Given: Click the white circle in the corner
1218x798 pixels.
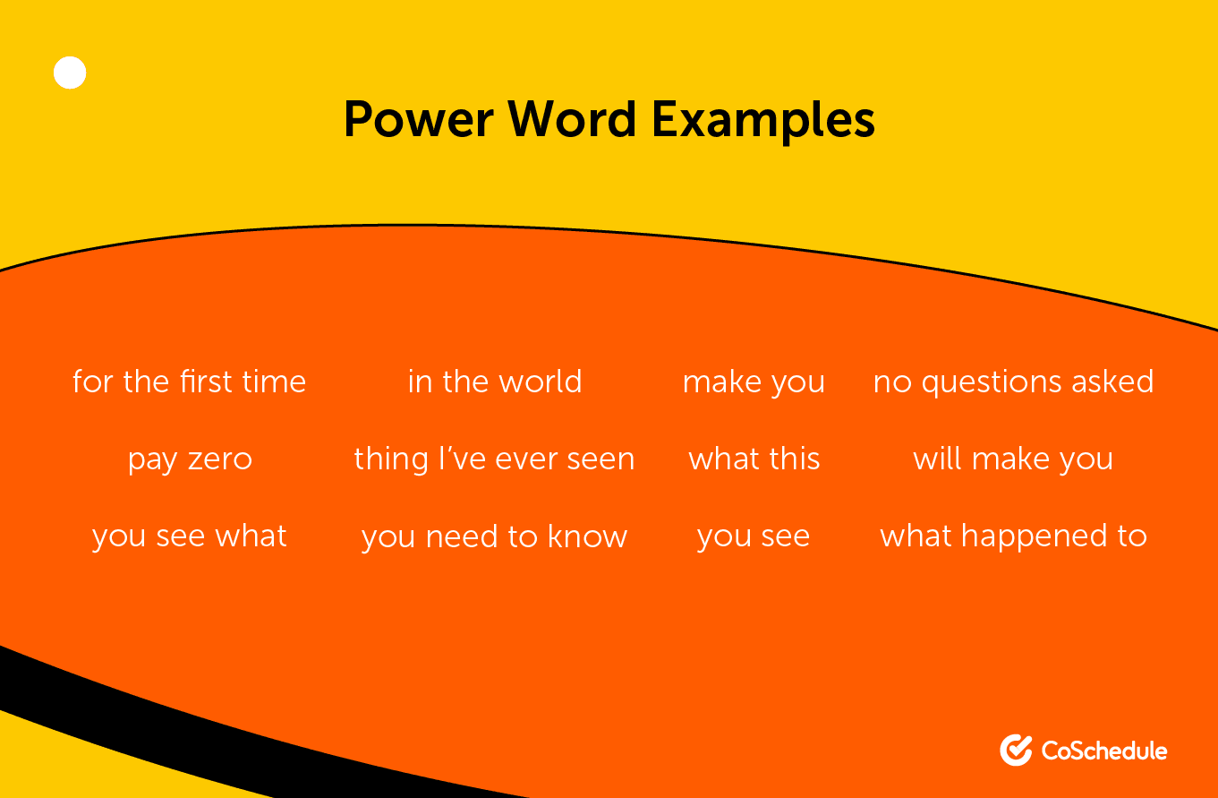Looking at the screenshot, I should [x=70, y=73].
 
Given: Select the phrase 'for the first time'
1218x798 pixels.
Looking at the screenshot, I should [x=190, y=382].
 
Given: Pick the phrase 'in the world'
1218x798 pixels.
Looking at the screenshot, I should [x=495, y=382].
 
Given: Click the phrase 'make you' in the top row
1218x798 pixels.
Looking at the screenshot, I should [x=754, y=382].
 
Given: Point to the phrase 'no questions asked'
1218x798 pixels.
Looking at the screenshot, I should [x=1013, y=382].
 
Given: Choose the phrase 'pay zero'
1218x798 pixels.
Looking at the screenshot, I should [x=190, y=459].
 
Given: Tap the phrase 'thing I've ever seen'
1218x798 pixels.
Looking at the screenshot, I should [x=494, y=459].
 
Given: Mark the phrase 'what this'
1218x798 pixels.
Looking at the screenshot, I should [x=754, y=459].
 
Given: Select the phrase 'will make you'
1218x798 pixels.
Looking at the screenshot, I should [x=1013, y=459].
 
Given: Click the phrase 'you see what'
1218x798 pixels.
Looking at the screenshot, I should [x=190, y=536].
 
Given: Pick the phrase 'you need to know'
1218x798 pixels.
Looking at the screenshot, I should [x=494, y=536].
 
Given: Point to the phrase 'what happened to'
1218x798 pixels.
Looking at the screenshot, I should [x=1013, y=536].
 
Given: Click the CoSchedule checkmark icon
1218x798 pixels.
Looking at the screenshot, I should [x=1016, y=750].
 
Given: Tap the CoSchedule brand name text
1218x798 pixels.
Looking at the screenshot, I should [x=1104, y=750].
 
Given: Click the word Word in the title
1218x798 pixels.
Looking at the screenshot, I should [x=566, y=120].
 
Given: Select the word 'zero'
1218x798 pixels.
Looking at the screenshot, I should [x=220, y=459].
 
